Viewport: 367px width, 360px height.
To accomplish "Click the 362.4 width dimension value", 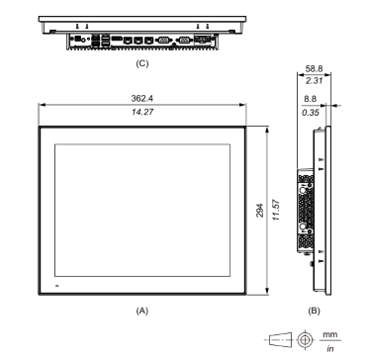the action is [142, 98].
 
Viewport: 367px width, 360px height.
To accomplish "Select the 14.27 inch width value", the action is [142, 112].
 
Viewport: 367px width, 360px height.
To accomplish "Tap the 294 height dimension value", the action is [260, 210].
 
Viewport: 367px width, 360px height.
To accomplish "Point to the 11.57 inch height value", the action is [276, 210].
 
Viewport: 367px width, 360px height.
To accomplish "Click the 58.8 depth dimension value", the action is [314, 68].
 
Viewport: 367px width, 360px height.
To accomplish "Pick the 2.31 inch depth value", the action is [314, 80].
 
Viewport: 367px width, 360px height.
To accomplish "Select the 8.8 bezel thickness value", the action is [311, 99].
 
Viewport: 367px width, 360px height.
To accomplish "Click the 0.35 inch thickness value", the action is [311, 113].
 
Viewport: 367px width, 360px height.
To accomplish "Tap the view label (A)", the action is [142, 311].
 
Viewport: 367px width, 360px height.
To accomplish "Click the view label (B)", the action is [314, 311].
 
